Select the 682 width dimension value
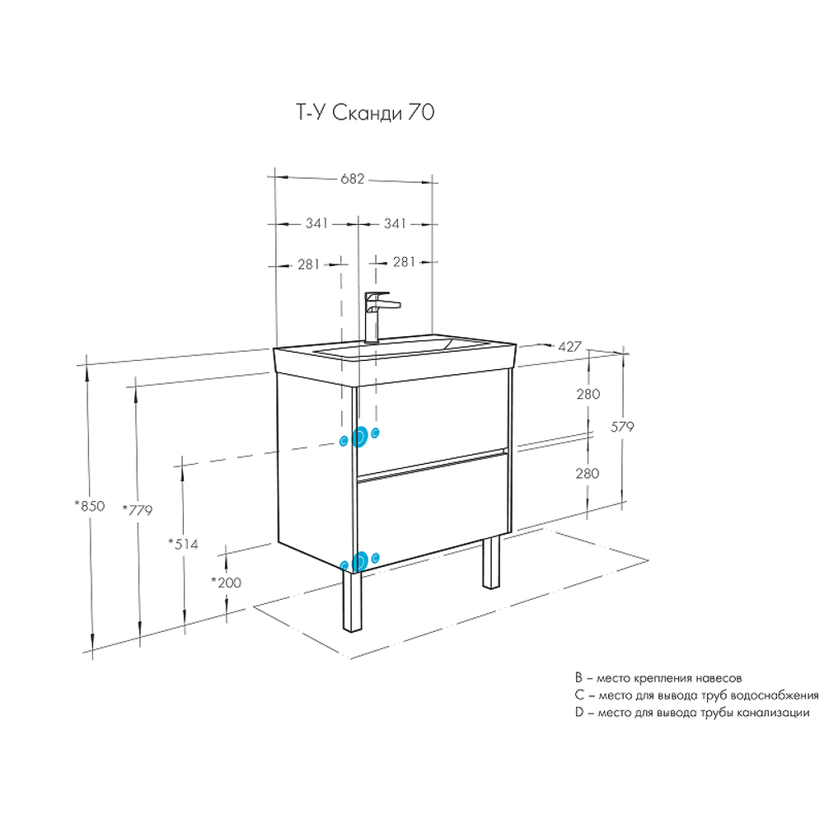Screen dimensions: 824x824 point(353,179)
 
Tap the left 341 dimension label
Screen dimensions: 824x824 point(317,223)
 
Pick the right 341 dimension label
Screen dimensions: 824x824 point(395,223)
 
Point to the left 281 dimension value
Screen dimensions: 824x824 point(309,264)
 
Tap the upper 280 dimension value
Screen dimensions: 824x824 point(588,394)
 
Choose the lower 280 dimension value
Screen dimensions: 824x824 point(588,474)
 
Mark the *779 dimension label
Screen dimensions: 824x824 point(137,509)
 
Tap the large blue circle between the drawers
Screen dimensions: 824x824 point(359,438)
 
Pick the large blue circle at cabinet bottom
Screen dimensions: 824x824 point(359,562)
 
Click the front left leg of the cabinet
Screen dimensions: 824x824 point(353,602)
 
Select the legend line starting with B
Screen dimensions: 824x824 point(659,678)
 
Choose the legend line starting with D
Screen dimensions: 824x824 point(693,713)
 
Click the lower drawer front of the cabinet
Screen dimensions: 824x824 point(433,511)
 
